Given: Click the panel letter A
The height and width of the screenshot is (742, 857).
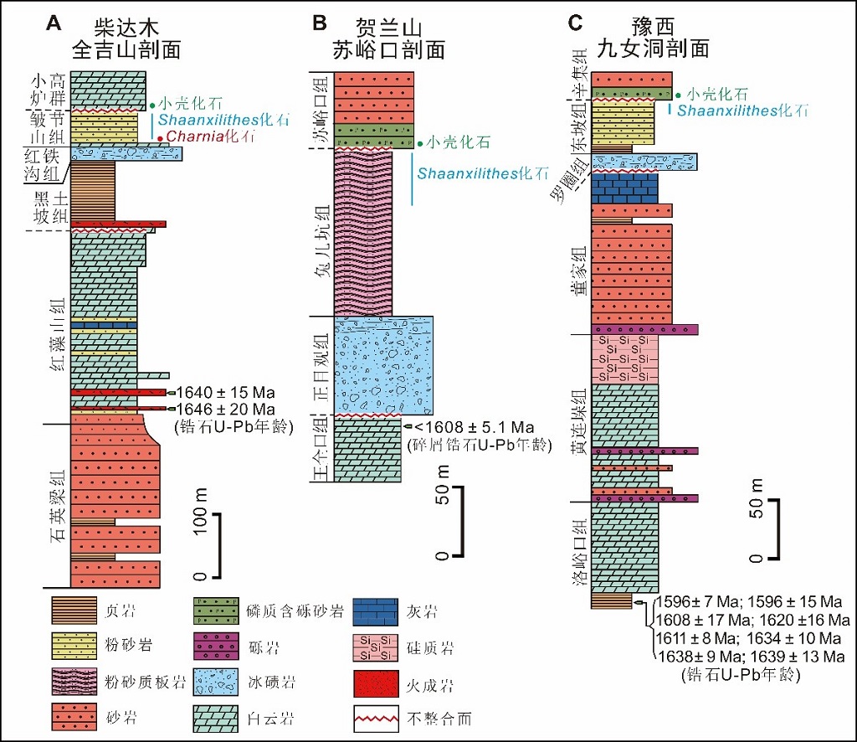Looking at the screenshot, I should click(54, 24).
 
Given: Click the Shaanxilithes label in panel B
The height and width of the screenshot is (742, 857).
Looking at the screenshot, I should click(481, 174).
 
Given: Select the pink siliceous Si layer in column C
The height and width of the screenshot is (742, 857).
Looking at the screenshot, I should click(624, 358).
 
